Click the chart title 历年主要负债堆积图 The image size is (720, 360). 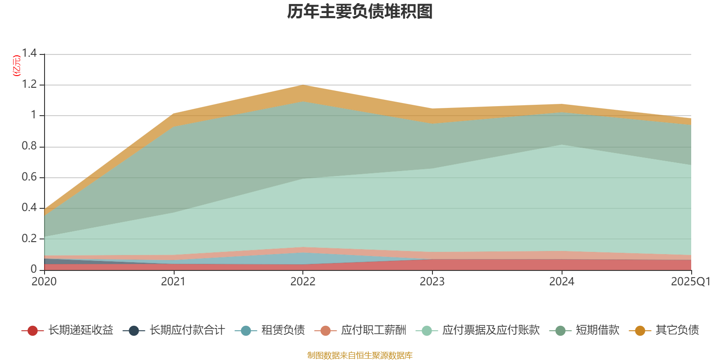coord(360,12)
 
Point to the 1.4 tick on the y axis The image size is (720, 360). coord(29,54)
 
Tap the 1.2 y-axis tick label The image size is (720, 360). coord(29,85)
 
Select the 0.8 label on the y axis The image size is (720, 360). coord(29,146)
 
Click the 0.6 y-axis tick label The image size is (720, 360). coord(29,177)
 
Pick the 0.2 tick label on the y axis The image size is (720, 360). coord(29,238)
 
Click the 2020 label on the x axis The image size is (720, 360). coord(44,282)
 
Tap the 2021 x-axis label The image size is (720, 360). coord(173,282)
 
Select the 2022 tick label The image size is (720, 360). coord(303,282)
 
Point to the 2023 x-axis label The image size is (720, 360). coord(432,282)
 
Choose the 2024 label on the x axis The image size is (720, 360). coord(562,282)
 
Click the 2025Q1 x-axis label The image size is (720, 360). coord(691,282)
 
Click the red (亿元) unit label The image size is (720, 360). coord(17,66)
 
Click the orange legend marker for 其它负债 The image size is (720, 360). coord(639,331)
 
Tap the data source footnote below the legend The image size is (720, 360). coord(360,355)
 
